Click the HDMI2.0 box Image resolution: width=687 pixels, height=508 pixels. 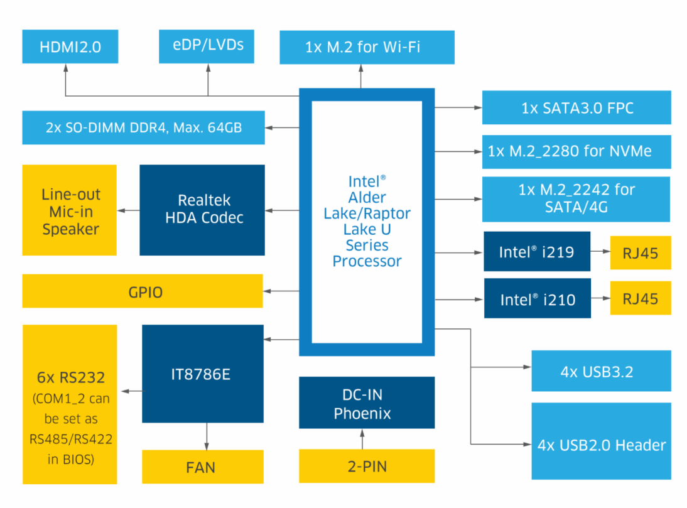[70, 46]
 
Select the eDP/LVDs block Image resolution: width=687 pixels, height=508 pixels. [207, 46]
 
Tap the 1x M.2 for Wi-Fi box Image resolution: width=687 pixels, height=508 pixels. [367, 46]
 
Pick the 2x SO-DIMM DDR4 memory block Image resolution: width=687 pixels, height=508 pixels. [143, 127]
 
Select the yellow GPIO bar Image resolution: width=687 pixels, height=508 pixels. [143, 291]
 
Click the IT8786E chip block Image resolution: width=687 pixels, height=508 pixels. [203, 374]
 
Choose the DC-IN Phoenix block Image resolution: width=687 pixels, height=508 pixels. [367, 403]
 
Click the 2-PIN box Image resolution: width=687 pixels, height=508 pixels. [367, 467]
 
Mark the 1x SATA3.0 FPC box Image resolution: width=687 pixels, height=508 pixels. [576, 107]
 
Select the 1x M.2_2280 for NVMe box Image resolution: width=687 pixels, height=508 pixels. [576, 151]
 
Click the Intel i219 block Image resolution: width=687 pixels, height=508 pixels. [537, 252]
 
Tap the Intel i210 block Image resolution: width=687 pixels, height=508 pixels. [537, 298]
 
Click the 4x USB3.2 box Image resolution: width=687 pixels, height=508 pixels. [601, 371]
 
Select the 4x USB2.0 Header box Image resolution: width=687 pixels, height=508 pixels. [601, 445]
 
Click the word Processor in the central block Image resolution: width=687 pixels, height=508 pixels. [367, 261]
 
